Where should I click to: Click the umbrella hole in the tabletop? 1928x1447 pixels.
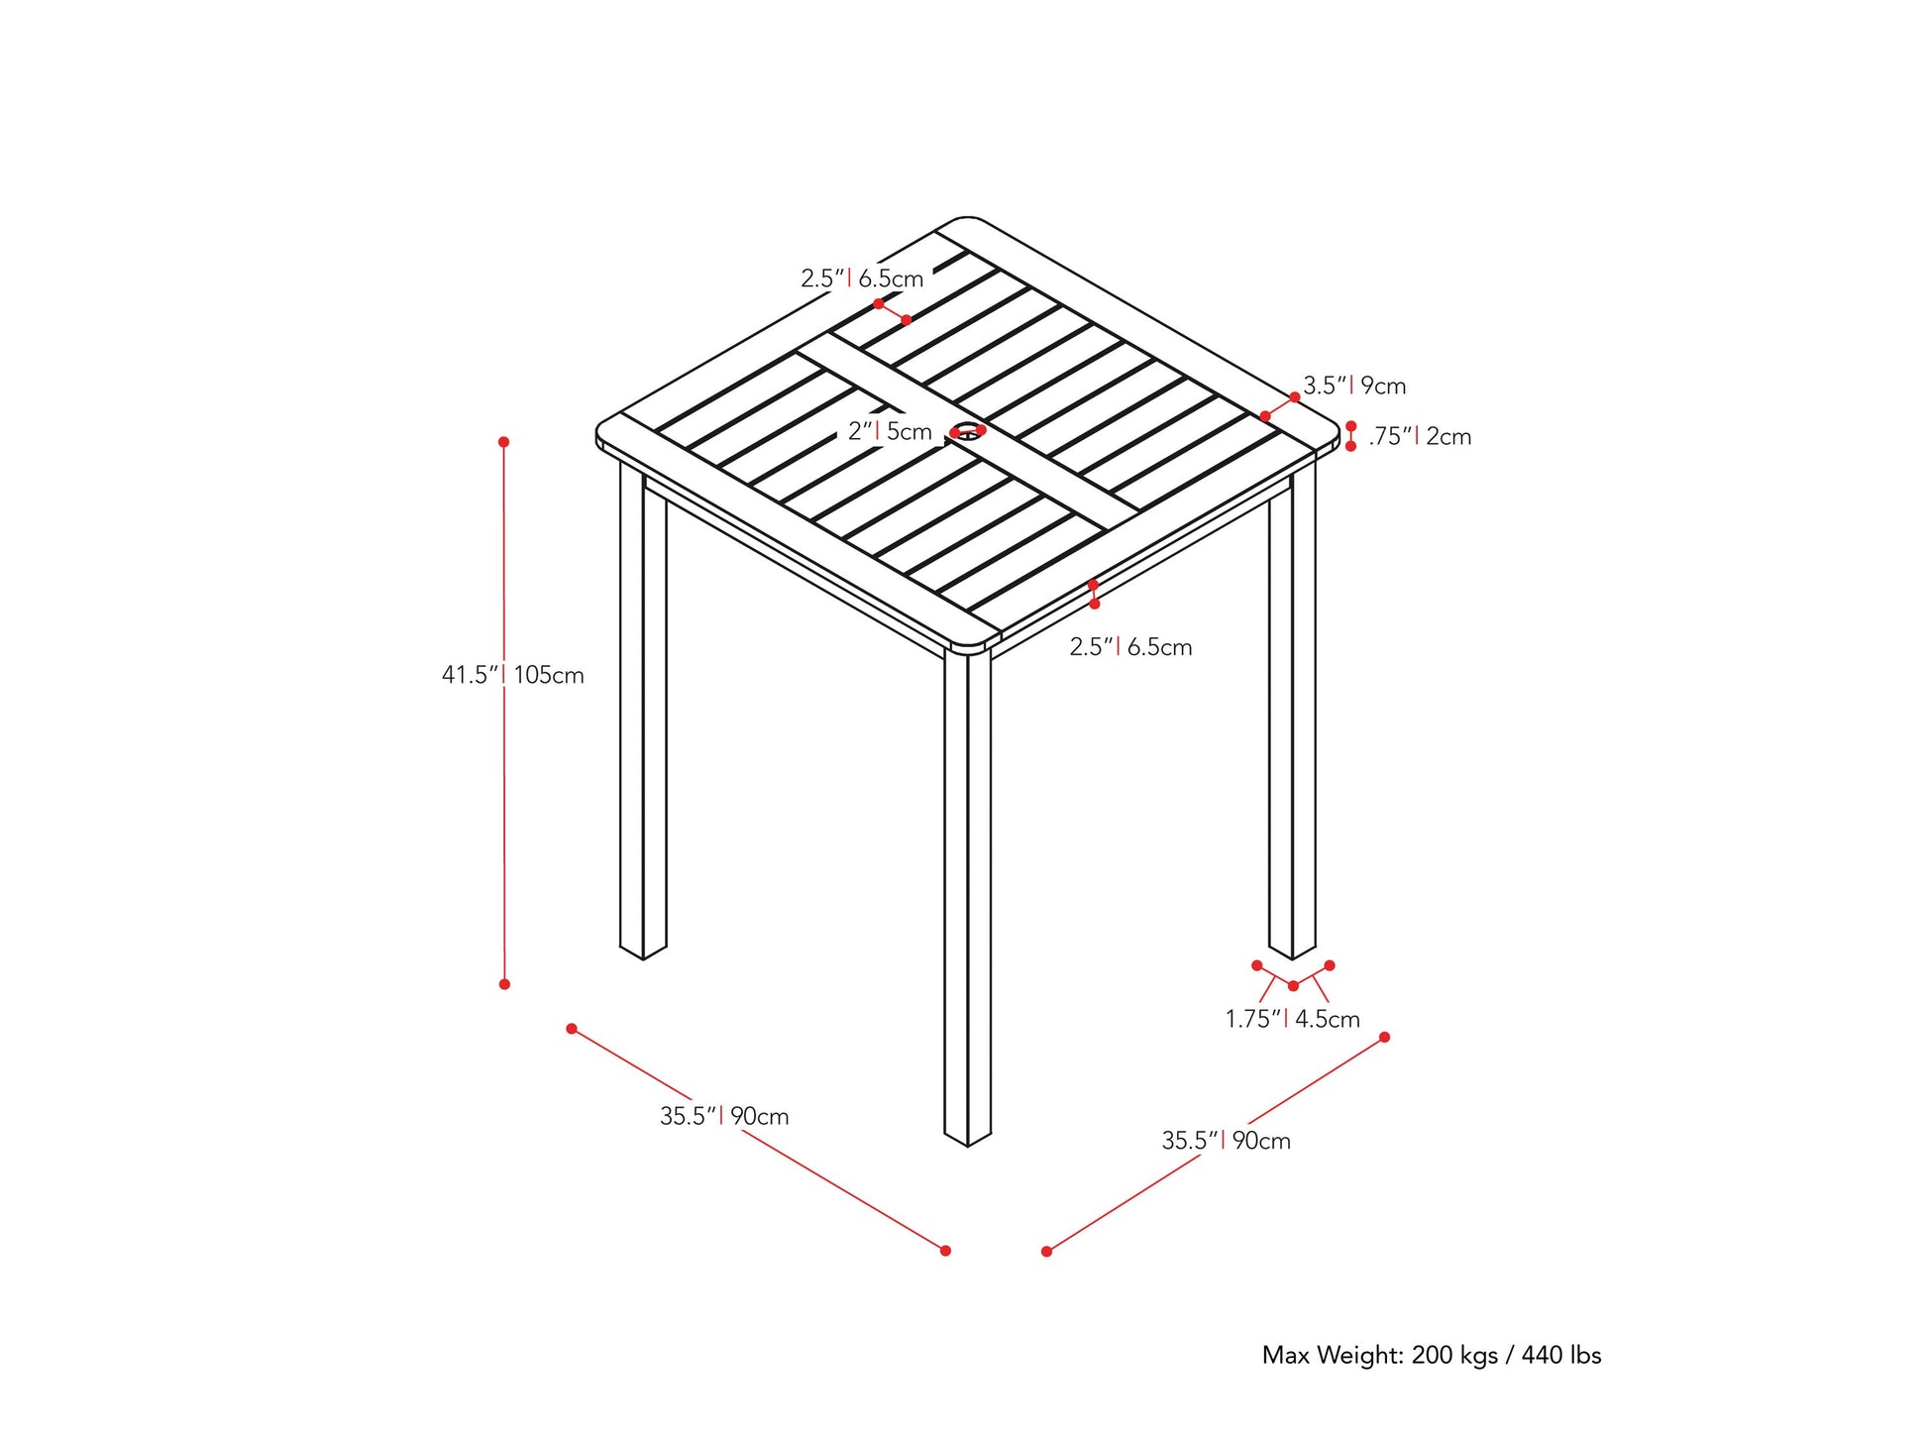(966, 432)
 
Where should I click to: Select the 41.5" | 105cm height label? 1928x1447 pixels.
(512, 675)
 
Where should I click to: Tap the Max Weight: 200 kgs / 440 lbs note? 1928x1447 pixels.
(1431, 1355)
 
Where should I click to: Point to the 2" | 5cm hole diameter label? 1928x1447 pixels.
(890, 432)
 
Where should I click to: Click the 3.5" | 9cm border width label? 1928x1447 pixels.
(1353, 386)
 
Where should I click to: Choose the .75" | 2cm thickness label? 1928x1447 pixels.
(1419, 436)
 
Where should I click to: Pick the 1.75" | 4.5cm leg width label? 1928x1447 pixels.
(1292, 1019)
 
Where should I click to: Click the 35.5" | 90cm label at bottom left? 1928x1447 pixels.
(724, 1116)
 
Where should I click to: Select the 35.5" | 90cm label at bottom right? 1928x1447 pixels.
(1226, 1141)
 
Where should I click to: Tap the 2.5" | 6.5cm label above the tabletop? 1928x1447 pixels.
(862, 278)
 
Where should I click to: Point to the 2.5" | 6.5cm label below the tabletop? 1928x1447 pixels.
(1130, 647)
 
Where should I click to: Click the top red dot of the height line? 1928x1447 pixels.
(503, 442)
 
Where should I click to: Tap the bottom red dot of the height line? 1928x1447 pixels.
(504, 984)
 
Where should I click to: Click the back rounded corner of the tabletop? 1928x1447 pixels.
(965, 220)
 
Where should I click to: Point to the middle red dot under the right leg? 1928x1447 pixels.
(1293, 985)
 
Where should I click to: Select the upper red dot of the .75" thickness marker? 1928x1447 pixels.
(1350, 426)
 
